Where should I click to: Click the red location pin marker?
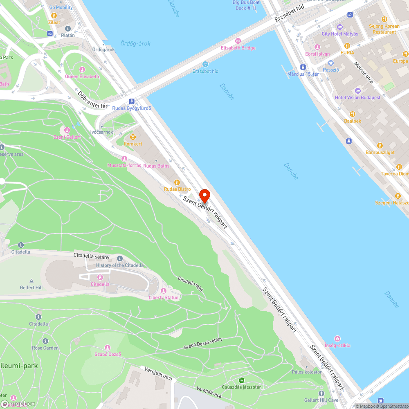pos(204,196)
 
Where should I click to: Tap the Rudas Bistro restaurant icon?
pos(177,182)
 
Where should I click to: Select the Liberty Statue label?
pos(164,297)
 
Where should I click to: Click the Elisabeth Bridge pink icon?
pos(238,41)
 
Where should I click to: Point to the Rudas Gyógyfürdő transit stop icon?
pos(132,101)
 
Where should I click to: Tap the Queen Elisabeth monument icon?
pos(82,70)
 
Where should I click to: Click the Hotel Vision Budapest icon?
pos(358,91)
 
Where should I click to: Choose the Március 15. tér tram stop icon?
pos(303,67)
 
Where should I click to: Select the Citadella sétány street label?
pos(92,256)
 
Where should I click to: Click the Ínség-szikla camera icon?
pos(337,338)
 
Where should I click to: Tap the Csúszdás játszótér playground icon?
pos(241,380)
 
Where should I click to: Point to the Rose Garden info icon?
pos(45,341)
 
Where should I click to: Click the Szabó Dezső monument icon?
pos(108,348)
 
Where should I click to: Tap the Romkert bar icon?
pos(133,137)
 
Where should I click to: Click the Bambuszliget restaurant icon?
pos(380,146)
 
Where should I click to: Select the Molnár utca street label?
pos(364,72)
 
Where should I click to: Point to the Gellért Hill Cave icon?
pos(321,393)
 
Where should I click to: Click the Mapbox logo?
pos(18,404)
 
